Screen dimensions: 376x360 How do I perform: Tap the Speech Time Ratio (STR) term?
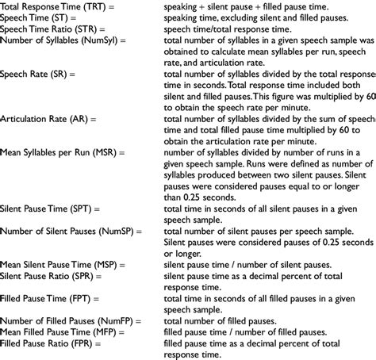(x=45, y=28)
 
